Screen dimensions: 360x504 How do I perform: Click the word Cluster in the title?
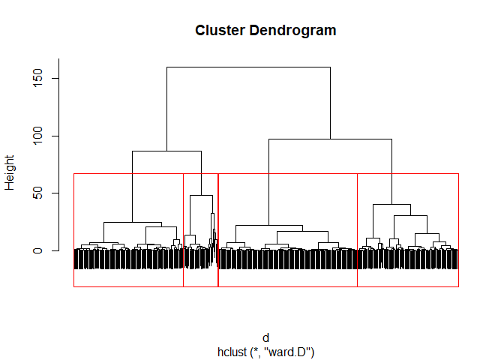pyautogui.click(x=215, y=31)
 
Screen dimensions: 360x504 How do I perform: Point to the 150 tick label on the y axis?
pyautogui.click(x=36, y=79)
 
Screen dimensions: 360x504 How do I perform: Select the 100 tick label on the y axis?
pyautogui.click(x=36, y=136)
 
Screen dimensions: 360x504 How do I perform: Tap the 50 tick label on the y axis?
pyautogui.click(x=36, y=193)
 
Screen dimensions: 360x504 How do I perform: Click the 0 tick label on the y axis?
pyautogui.click(x=36, y=250)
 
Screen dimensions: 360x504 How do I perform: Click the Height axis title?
pyautogui.click(x=10, y=172)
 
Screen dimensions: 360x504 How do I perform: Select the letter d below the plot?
pyautogui.click(x=265, y=338)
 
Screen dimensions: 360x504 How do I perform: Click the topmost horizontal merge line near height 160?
pyautogui.click(x=248, y=67)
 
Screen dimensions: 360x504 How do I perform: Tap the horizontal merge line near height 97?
pyautogui.click(x=330, y=139)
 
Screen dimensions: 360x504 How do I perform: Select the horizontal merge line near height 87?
pyautogui.click(x=166, y=151)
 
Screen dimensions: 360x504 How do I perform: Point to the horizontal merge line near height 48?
pyautogui.click(x=201, y=196)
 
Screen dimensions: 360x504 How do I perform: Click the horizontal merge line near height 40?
pyautogui.click(x=391, y=205)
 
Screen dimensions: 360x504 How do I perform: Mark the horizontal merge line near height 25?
pyautogui.click(x=132, y=223)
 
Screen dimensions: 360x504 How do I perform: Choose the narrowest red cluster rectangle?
pyautogui.click(x=200, y=286)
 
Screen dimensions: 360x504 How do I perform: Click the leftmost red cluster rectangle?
pyautogui.click(x=128, y=286)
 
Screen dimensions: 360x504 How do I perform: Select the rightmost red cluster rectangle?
pyautogui.click(x=407, y=286)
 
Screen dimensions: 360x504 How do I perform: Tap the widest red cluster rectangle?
pyautogui.click(x=287, y=286)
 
